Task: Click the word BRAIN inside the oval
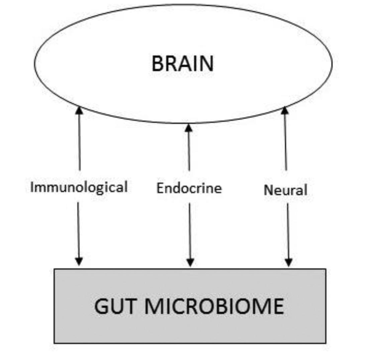[x=182, y=64]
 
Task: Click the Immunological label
[x=79, y=187]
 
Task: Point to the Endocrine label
[x=189, y=188]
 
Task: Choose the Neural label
[x=285, y=190]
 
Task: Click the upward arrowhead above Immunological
[x=79, y=110]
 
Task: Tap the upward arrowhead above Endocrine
[x=188, y=128]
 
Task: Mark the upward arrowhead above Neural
[x=284, y=110]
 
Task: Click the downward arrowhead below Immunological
[x=79, y=262]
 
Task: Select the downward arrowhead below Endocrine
[x=190, y=262]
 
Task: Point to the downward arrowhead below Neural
[x=288, y=262]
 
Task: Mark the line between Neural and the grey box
[x=288, y=230]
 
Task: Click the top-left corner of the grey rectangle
[x=54, y=269]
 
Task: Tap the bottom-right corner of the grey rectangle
[x=326, y=343]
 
